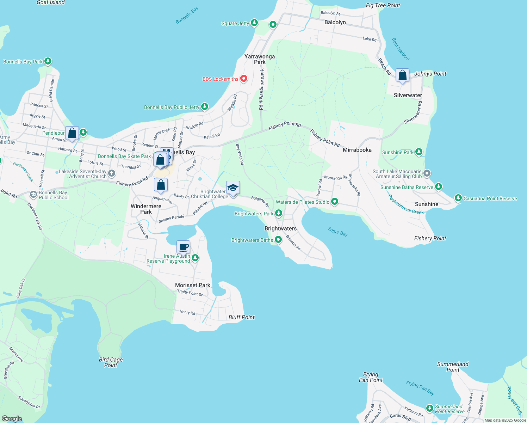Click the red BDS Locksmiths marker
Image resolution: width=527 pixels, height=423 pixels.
[x=243, y=79]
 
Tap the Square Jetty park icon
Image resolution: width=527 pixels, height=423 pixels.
[x=254, y=23]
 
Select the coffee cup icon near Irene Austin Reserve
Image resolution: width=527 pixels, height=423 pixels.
[x=183, y=247]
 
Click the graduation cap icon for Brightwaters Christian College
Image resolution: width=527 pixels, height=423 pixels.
[x=233, y=188]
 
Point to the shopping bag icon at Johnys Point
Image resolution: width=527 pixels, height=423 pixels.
[x=402, y=75]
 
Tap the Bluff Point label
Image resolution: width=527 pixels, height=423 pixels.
[x=241, y=317]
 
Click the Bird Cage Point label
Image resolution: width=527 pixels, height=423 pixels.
[x=111, y=362]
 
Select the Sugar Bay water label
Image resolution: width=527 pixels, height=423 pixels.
[x=337, y=232]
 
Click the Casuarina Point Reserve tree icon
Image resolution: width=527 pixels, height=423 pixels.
[x=458, y=198]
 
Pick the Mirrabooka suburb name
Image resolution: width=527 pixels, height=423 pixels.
[x=357, y=150]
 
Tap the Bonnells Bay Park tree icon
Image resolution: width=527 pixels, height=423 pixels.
[x=48, y=61]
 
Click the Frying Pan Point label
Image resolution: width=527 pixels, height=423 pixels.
[x=371, y=377]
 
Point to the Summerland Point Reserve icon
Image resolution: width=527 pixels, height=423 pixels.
[x=429, y=408]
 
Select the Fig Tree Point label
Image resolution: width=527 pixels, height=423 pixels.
[x=383, y=5]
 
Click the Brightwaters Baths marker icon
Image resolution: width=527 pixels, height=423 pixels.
[x=278, y=240]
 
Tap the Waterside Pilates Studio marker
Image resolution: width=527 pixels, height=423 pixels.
[x=335, y=202]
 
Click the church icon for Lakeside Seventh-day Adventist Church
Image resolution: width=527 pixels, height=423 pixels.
[x=112, y=173]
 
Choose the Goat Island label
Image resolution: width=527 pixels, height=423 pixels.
[x=51, y=2]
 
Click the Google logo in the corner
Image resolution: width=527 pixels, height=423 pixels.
[x=12, y=418]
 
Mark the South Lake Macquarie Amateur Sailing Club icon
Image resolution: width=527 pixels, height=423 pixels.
[x=427, y=173]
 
